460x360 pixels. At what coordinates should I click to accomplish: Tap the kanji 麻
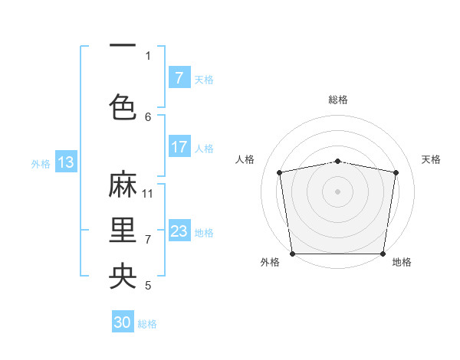pos(123,185)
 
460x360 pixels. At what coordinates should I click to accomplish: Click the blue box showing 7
pos(179,78)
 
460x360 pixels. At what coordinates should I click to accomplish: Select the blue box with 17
pos(179,148)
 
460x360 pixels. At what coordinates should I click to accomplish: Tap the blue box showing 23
pos(179,231)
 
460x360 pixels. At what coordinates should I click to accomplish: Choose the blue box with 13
pos(65,162)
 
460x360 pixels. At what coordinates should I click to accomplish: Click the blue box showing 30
pos(123,322)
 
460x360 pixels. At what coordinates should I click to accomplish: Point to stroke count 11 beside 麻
pos(148,194)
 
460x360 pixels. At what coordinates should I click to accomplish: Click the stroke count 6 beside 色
pos(148,116)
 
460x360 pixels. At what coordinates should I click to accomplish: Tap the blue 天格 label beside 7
pos(204,79)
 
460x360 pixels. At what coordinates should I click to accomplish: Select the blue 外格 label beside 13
pos(41,162)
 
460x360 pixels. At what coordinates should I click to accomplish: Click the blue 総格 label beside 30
pos(147,324)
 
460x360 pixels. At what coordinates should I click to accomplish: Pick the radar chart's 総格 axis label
pos(338,100)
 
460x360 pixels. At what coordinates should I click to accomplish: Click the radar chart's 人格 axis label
pos(245,159)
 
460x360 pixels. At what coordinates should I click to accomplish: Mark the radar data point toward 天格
pos(396,172)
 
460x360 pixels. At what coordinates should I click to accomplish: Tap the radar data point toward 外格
pos(292,254)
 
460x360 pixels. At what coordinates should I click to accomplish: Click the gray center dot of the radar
pos(338,191)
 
